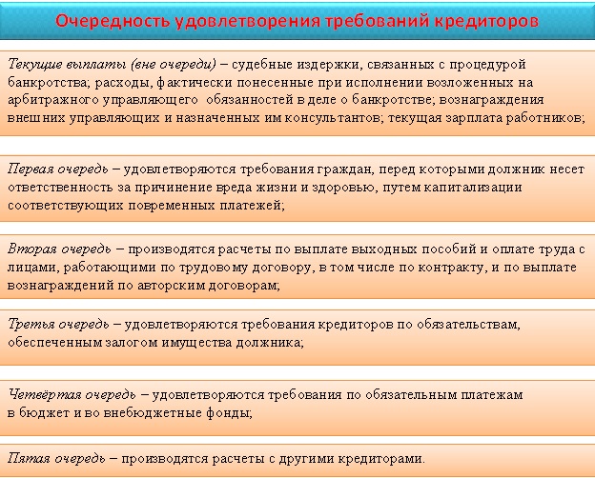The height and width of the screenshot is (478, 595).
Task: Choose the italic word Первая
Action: (x=31, y=169)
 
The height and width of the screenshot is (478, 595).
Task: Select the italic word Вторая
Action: (x=31, y=249)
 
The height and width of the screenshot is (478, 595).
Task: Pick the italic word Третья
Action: (x=31, y=325)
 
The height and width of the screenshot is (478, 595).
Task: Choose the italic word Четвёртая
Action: (x=45, y=395)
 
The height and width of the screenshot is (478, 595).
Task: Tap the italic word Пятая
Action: (x=30, y=459)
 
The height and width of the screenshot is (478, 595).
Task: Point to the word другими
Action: (x=306, y=459)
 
